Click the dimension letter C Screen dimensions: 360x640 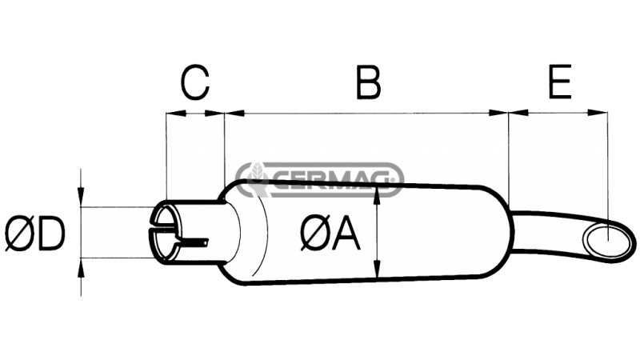click(194, 82)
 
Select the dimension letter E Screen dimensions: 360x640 click(560, 82)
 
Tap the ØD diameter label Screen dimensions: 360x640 click(34, 234)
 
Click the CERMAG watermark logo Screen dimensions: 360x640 click(320, 178)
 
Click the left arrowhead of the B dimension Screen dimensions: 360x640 click(233, 113)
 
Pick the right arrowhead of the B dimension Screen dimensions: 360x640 click(501, 113)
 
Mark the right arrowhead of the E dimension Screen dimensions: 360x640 click(598, 113)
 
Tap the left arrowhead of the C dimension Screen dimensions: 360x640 click(170, 113)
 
